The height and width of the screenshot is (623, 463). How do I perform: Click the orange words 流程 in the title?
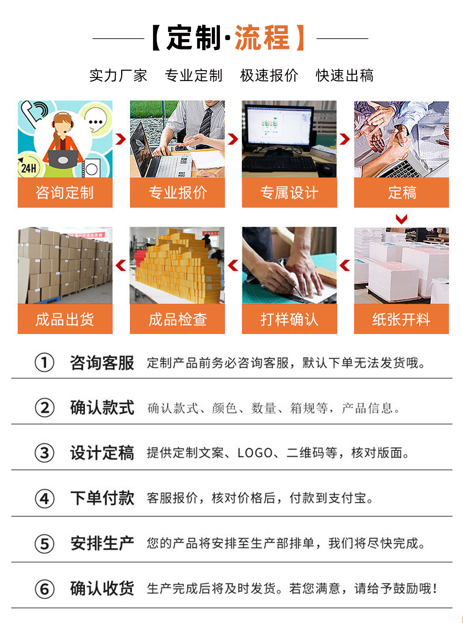pyautogui.click(x=262, y=38)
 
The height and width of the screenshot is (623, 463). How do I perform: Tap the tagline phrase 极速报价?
pyautogui.click(x=269, y=76)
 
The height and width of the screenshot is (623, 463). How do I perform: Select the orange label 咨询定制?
pyautogui.click(x=65, y=193)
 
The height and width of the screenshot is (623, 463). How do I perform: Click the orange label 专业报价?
pyautogui.click(x=177, y=193)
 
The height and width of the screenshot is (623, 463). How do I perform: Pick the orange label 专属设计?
pyautogui.click(x=289, y=193)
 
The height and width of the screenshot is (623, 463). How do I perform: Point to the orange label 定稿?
pyautogui.click(x=401, y=193)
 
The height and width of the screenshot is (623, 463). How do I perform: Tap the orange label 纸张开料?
pyautogui.click(x=401, y=319)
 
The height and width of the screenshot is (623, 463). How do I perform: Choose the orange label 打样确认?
pyautogui.click(x=289, y=319)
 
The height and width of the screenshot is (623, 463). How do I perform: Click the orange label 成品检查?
pyautogui.click(x=177, y=319)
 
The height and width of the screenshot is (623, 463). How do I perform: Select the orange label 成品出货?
pyautogui.click(x=65, y=319)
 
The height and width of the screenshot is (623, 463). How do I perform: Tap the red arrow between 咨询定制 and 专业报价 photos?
pyautogui.click(x=121, y=139)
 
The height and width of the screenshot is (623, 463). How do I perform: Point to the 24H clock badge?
pyautogui.click(x=29, y=167)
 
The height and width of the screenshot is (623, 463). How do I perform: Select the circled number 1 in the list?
pyautogui.click(x=44, y=362)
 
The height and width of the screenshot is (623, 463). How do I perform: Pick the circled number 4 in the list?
pyautogui.click(x=44, y=499)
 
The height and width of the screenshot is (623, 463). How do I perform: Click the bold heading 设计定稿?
pyautogui.click(x=102, y=453)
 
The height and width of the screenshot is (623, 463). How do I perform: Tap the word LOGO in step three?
pyautogui.click(x=255, y=453)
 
